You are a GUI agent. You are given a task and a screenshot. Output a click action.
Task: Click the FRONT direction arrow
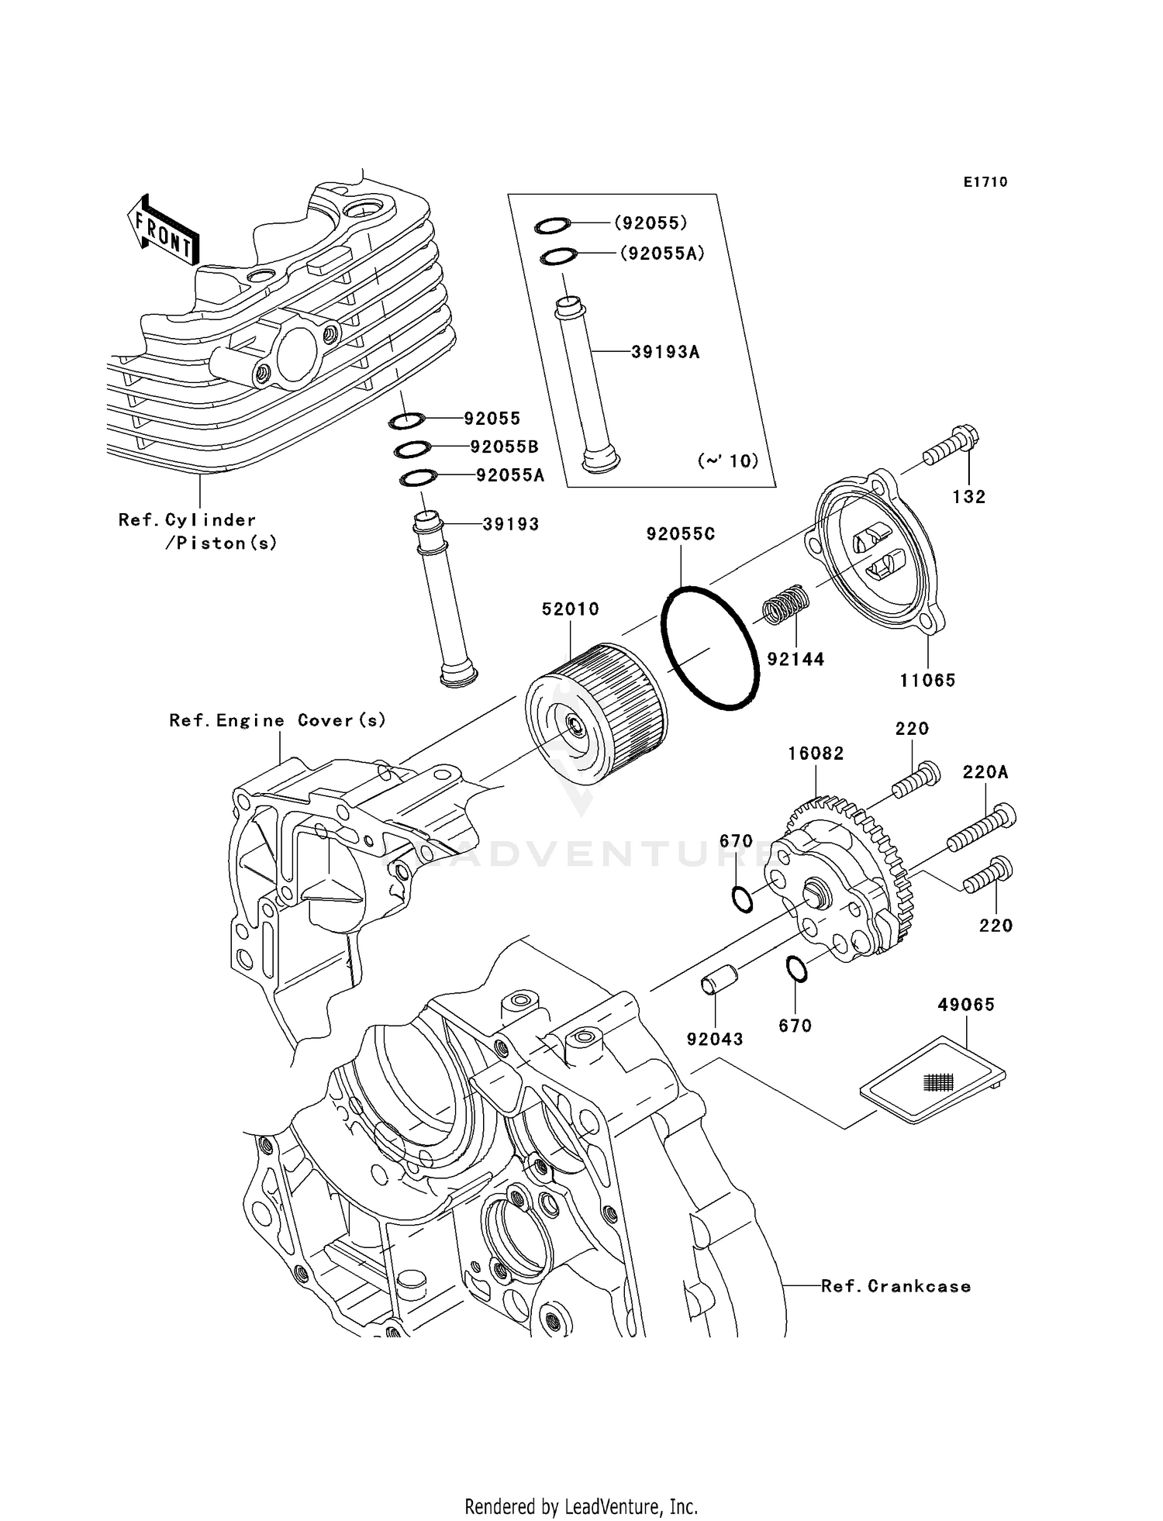[x=163, y=231]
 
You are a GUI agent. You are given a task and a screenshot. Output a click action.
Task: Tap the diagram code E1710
[x=985, y=182]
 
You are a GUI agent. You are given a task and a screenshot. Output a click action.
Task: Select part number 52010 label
[x=570, y=609]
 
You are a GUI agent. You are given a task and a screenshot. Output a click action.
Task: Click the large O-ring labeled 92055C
[x=709, y=648]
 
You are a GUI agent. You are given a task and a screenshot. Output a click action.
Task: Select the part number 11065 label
[x=927, y=681]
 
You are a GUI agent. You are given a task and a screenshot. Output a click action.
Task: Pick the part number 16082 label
[x=816, y=754]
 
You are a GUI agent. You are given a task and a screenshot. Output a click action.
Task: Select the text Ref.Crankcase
[x=896, y=1286]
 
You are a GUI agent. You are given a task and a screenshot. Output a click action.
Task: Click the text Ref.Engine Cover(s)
[x=278, y=721]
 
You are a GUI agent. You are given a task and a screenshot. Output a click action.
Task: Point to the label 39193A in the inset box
[x=665, y=352]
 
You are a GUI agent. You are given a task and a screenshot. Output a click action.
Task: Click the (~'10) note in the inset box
[x=727, y=460]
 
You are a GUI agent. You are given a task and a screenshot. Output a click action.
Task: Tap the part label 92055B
[x=504, y=447]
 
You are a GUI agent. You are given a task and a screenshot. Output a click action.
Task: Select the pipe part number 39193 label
[x=510, y=524]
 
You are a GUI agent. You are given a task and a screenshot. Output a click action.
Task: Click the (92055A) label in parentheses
[x=661, y=253]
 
